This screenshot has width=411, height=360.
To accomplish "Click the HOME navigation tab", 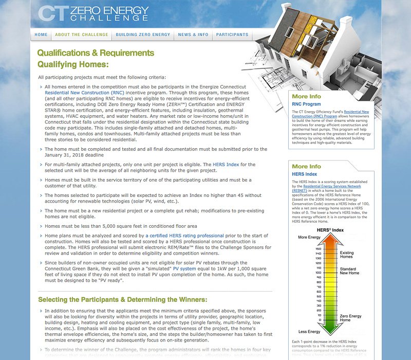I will [41, 34].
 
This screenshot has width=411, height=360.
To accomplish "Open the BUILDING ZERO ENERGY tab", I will [143, 34].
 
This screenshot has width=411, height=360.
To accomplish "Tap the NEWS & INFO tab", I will [193, 34].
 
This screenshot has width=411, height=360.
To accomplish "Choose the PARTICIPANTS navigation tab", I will [232, 34].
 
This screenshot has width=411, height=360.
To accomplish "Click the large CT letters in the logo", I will [52, 13].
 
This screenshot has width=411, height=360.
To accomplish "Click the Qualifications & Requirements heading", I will [96, 52].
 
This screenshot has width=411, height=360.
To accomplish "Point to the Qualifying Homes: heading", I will [73, 64].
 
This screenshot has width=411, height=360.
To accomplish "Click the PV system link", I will [183, 268].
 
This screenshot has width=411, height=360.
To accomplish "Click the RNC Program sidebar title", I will [306, 104].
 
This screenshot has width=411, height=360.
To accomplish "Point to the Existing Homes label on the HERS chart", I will [347, 255].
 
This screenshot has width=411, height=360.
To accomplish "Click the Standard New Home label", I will [349, 271].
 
